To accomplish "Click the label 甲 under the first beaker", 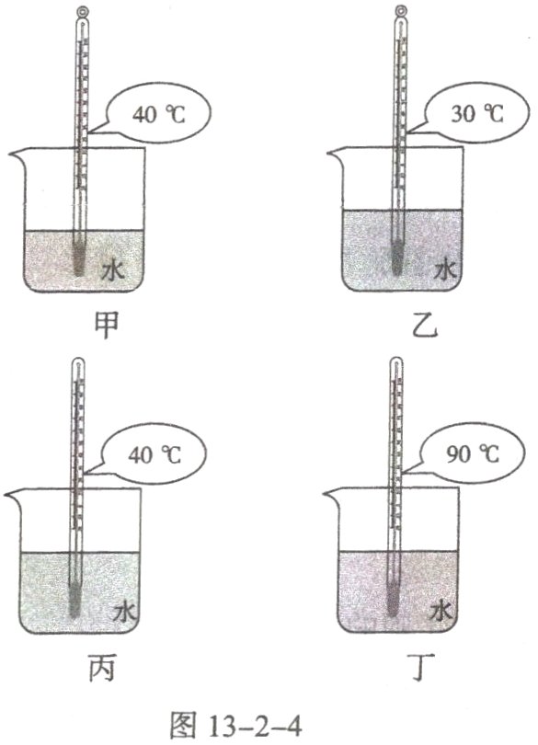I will [x=108, y=326].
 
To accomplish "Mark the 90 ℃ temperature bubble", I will [x=476, y=455].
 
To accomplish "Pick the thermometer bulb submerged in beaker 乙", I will [x=397, y=255].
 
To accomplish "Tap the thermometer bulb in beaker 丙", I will [x=76, y=598].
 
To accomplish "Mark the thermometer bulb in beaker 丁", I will [x=395, y=598].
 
